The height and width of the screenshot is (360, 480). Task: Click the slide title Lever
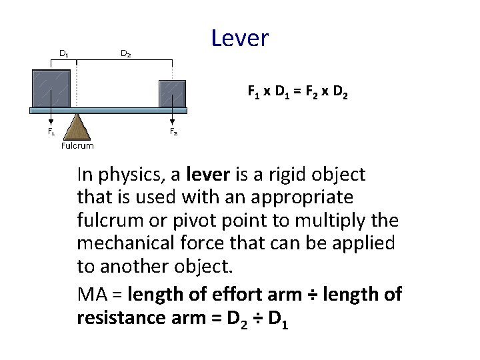point(239,38)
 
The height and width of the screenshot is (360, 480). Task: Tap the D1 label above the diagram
point(66,53)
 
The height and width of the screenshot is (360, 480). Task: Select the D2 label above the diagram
point(125,53)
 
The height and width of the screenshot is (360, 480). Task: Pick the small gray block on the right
point(171,93)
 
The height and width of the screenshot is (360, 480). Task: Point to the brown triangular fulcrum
point(79,127)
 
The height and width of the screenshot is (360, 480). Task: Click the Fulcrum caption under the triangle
point(77,145)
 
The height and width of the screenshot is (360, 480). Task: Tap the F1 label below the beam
point(51,132)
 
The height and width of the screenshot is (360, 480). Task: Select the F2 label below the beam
point(173,132)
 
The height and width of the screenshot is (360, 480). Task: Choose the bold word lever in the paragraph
point(209,175)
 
